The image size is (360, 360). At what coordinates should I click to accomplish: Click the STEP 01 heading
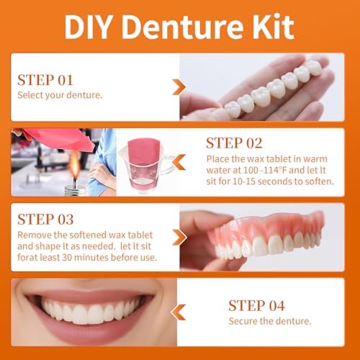pyautogui.click(x=45, y=79)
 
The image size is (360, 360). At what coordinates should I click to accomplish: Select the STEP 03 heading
pyautogui.click(x=45, y=219)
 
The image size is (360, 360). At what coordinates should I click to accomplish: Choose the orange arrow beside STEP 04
pyautogui.click(x=179, y=312)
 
